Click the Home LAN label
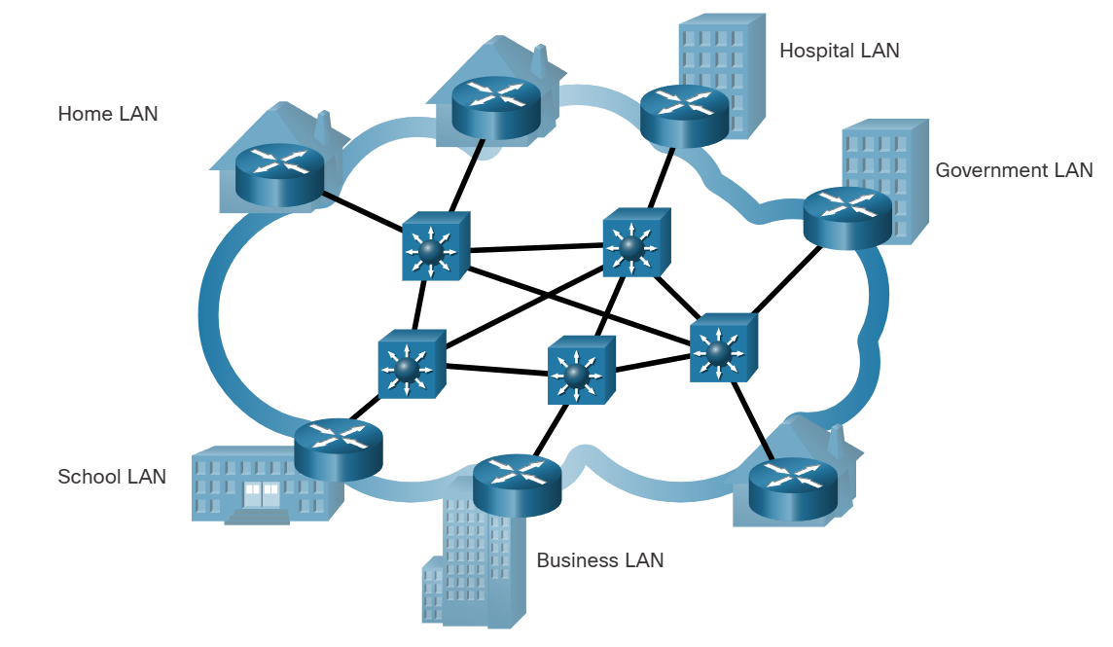[107, 114]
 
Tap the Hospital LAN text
[839, 51]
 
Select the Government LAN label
[1014, 170]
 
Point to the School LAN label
[112, 477]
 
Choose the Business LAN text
[599, 560]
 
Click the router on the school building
[338, 448]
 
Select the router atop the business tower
[517, 484]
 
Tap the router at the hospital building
[684, 114]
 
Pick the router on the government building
[847, 216]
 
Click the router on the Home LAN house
[279, 173]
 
